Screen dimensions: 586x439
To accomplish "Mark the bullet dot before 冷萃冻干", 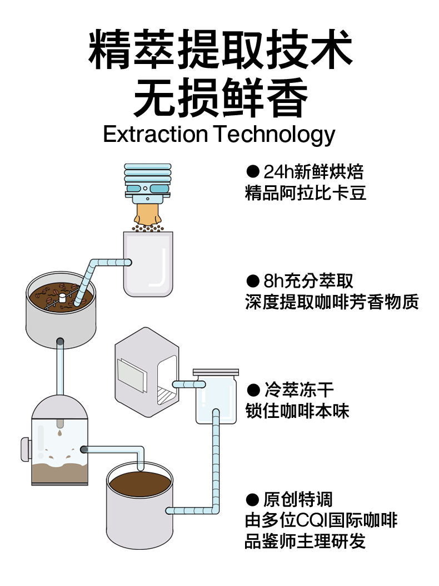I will point(253,390).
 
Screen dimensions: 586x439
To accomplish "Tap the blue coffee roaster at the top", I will point(147,181).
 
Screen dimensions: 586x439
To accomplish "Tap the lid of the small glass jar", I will point(215,371).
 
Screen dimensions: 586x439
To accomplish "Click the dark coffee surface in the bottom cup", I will point(139,482).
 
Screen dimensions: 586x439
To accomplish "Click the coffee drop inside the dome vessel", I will point(59,432).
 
